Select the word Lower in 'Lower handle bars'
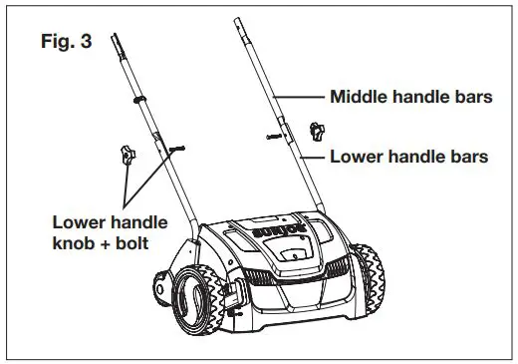tap(356, 157)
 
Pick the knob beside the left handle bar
tap(126, 154)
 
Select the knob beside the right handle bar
tap(317, 129)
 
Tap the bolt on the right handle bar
tap(274, 135)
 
